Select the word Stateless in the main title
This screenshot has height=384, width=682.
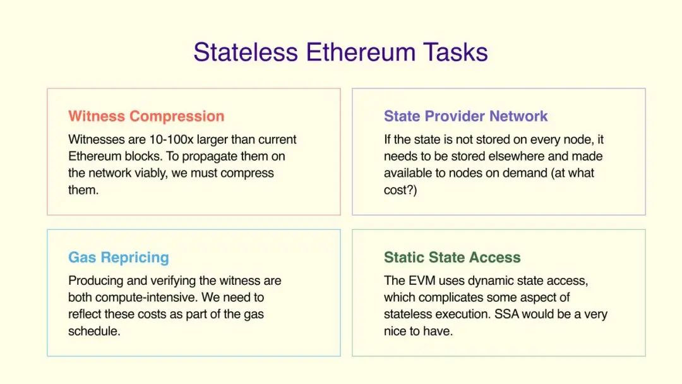(x=246, y=52)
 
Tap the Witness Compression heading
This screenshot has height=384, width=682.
(x=146, y=116)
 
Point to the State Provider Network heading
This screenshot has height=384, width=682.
(x=465, y=116)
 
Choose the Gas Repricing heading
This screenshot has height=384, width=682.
(x=119, y=258)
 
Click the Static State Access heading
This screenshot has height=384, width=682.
(x=452, y=258)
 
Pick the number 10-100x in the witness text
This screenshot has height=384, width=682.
(x=171, y=140)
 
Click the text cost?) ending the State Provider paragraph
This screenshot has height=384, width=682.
(x=400, y=190)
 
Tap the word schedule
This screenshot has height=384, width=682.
(x=94, y=332)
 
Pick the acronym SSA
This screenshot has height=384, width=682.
(x=506, y=315)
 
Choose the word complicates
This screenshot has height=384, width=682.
(x=450, y=297)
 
